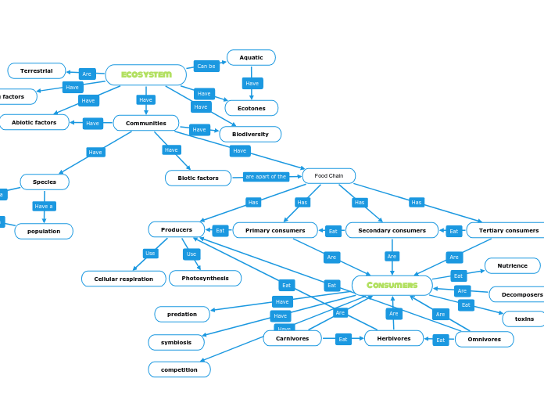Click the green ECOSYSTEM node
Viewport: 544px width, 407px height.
[x=146, y=75]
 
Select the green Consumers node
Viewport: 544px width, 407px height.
[x=392, y=286]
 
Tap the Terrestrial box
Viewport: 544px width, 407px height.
[x=37, y=71]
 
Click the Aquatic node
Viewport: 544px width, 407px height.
[x=251, y=58]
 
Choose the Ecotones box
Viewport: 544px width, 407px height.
[x=251, y=109]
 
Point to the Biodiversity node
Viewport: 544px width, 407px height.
[x=250, y=135]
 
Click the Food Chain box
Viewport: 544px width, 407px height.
[x=328, y=176]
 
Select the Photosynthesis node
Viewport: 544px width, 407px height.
[x=205, y=279]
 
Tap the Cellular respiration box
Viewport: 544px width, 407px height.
[x=123, y=279]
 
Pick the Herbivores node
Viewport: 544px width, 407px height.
[x=393, y=339]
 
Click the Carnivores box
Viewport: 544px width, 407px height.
[x=292, y=339]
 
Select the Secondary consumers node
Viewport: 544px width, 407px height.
[x=392, y=231]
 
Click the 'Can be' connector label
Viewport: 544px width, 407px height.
[x=206, y=67]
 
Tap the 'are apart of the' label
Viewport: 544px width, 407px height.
[x=266, y=177]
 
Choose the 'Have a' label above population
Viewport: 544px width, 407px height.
[x=44, y=207]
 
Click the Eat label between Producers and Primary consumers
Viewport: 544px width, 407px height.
[x=220, y=231]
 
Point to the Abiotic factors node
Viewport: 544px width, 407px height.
[x=34, y=123]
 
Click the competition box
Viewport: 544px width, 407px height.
[x=179, y=369]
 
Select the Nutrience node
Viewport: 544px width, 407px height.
[x=512, y=266]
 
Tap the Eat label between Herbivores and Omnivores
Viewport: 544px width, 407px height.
[x=441, y=340]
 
